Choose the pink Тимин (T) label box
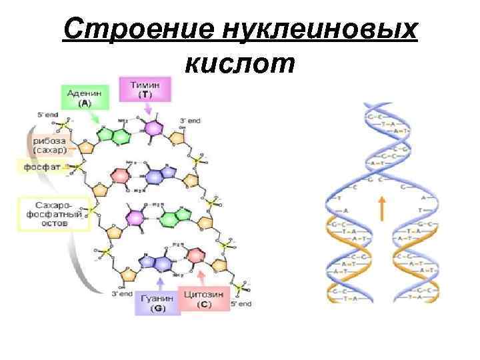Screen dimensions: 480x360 [x=145, y=89]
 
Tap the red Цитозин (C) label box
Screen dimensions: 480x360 [x=213, y=299]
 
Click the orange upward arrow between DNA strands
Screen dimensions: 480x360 [x=382, y=207]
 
